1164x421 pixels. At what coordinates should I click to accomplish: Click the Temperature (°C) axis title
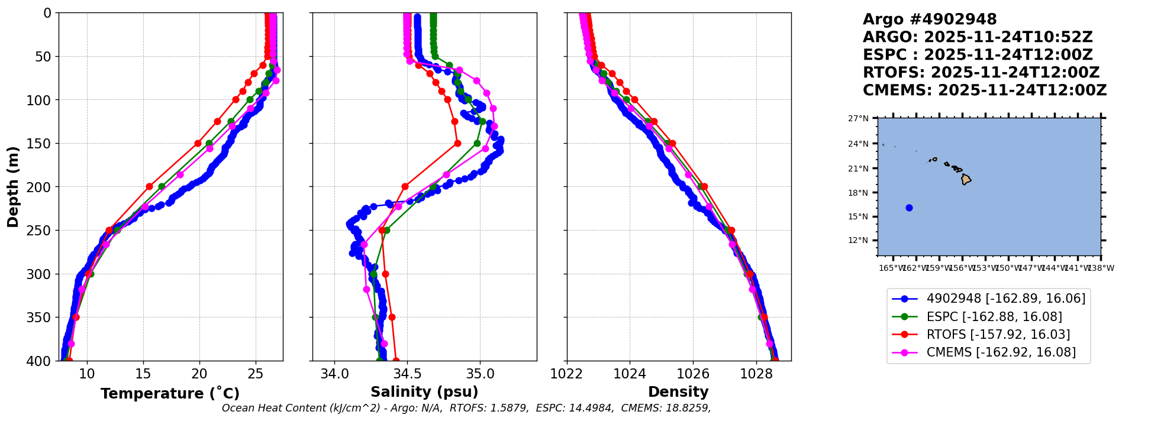point(170,394)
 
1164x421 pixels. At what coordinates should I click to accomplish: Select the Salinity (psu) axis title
point(424,392)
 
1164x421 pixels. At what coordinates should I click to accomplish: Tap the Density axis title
point(678,392)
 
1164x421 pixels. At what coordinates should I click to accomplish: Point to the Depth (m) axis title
point(13,187)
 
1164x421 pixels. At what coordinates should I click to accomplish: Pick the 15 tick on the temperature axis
point(143,374)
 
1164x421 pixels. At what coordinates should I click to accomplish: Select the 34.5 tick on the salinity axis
point(407,374)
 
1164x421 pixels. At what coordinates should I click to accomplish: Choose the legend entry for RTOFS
point(998,335)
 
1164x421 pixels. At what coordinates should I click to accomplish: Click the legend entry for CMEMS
point(1001,352)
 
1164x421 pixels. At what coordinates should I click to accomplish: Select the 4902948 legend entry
point(1005,299)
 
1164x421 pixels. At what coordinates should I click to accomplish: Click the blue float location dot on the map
point(909,208)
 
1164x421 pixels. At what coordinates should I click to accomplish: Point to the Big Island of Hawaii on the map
point(966,179)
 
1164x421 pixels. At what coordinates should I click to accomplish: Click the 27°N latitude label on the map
point(858,119)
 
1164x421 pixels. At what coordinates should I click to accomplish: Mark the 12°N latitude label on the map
point(858,241)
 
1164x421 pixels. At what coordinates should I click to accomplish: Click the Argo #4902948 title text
point(930,20)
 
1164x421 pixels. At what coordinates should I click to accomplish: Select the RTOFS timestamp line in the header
point(981,73)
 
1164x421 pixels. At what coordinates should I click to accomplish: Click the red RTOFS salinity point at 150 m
point(457,143)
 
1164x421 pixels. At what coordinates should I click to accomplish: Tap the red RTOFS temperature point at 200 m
point(149,187)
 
